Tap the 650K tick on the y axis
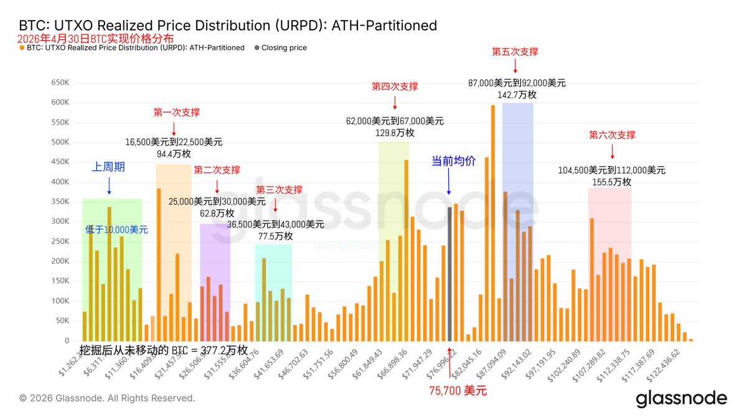coord(61,82)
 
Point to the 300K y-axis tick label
coord(61,222)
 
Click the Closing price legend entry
coord(284,47)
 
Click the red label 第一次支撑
coord(177,113)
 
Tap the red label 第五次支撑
coord(515,52)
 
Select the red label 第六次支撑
coord(612,135)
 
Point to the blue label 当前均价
coord(454,161)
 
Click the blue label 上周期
coord(109,167)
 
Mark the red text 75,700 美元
coord(458,391)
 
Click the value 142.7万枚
coord(517,95)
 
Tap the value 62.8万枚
coord(217,213)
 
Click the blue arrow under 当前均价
coord(449,181)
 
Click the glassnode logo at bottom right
coord(681,399)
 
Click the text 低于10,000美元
coord(116,230)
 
